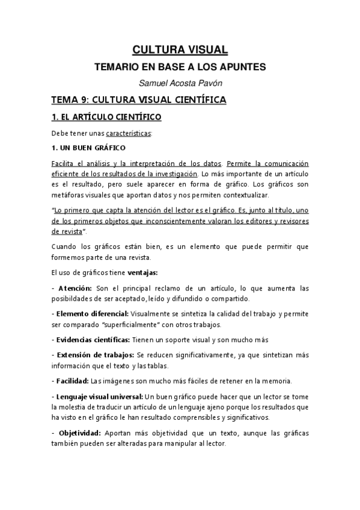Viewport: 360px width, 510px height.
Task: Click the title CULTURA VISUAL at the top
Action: click(180, 51)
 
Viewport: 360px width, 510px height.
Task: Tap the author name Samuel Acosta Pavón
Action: click(180, 83)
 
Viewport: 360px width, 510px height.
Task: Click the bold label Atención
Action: click(75, 289)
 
